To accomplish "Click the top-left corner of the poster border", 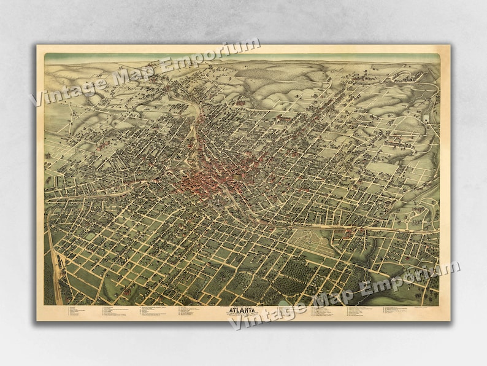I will click(x=37, y=46).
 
